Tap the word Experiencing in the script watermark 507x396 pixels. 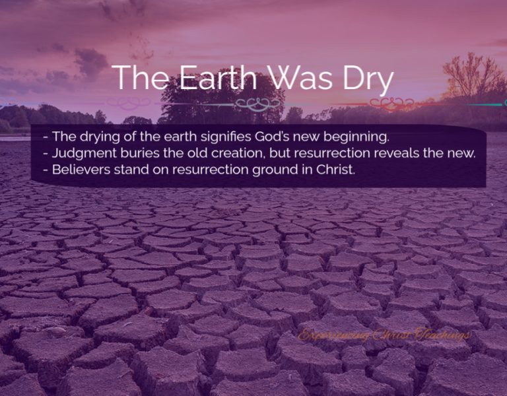tap(334, 335)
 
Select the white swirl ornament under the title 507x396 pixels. tap(259, 104)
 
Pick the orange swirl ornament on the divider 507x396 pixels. tap(391, 104)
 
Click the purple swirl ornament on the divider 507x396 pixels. tap(128, 104)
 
